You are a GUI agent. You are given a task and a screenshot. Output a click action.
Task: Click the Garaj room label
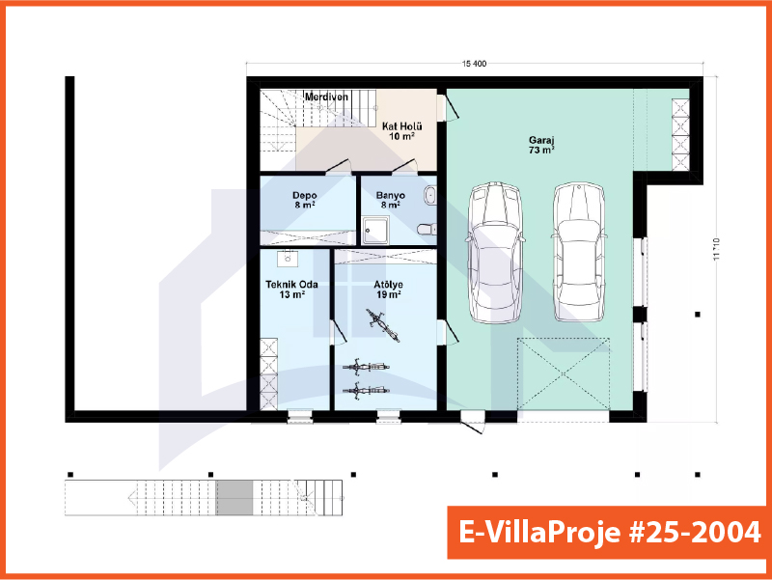pyautogui.click(x=541, y=140)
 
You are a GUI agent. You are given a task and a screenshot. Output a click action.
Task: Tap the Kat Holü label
pyautogui.click(x=401, y=126)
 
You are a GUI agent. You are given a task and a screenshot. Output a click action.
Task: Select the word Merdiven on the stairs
pyautogui.click(x=326, y=97)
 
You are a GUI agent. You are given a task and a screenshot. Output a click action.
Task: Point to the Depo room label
pyautogui.click(x=305, y=196)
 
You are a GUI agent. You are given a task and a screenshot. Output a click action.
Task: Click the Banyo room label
pyautogui.click(x=391, y=196)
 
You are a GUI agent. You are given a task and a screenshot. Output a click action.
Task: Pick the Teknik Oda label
pyautogui.click(x=291, y=284)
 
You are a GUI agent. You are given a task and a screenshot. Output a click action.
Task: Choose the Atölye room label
pyautogui.click(x=389, y=284)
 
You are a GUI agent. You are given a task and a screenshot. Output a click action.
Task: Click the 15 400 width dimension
pyautogui.click(x=474, y=64)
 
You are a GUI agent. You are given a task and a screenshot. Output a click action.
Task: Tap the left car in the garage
pyautogui.click(x=494, y=253)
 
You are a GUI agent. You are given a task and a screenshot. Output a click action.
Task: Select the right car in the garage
pyautogui.click(x=578, y=253)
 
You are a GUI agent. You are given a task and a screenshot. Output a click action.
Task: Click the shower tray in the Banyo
pyautogui.click(x=375, y=231)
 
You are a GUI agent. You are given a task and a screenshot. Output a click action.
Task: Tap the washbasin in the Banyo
pyautogui.click(x=430, y=195)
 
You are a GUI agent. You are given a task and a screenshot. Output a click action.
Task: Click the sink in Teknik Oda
pyautogui.click(x=287, y=259)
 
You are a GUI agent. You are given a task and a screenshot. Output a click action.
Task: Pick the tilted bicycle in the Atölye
pyautogui.click(x=382, y=325)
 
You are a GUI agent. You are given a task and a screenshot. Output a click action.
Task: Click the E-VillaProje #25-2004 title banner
pyautogui.click(x=610, y=533)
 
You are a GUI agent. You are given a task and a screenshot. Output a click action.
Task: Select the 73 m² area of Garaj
pyautogui.click(x=541, y=151)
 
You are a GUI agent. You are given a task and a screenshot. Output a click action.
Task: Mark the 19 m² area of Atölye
pyautogui.click(x=389, y=294)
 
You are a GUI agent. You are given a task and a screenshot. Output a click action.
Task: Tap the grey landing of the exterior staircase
pyautogui.click(x=234, y=498)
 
